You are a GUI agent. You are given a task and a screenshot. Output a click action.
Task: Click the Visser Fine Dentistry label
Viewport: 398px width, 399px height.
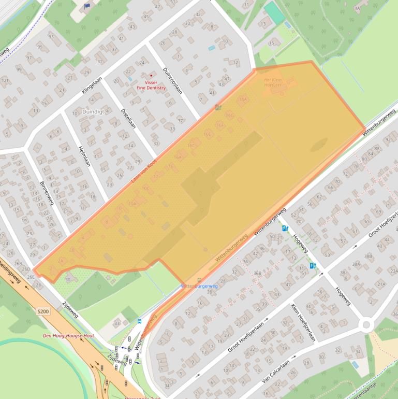[151, 85]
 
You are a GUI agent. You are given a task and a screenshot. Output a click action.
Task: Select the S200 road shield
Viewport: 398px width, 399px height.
[43, 311]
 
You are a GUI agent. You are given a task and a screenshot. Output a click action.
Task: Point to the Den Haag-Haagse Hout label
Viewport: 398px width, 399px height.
[68, 336]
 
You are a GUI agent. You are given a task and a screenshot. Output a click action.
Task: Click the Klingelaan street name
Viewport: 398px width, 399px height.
[92, 84]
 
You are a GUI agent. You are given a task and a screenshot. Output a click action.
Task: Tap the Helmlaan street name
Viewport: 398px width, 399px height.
[84, 155]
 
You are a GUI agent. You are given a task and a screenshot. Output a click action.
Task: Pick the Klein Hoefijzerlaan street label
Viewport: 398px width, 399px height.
[303, 322]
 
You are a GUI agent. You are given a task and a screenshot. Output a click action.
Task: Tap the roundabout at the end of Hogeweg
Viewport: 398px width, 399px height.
[366, 324]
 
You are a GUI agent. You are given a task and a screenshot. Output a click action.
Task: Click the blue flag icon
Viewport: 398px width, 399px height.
[87, 6]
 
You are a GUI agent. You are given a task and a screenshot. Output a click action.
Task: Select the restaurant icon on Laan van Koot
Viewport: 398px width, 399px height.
[218, 108]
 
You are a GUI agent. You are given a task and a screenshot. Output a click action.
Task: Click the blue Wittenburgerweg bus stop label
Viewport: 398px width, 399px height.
[199, 286]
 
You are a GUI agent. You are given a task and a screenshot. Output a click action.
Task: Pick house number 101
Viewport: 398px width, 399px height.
[5, 80]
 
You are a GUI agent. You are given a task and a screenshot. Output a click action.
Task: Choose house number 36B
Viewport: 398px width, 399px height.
[258, 273]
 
